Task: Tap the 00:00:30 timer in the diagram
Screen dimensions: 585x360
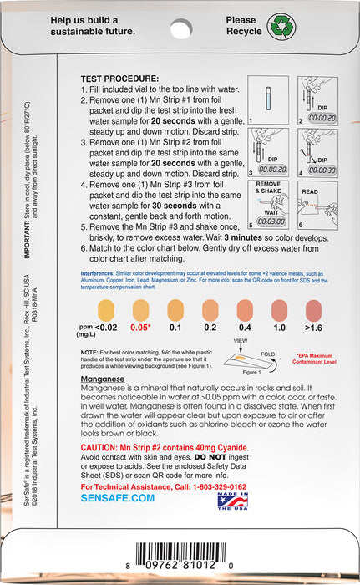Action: pyautogui.click(x=319, y=170)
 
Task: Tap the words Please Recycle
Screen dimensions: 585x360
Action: pyautogui.click(x=242, y=24)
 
